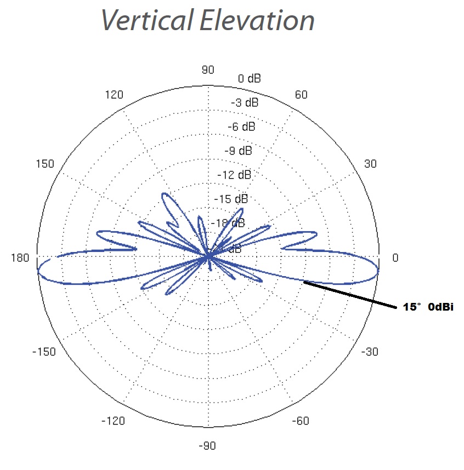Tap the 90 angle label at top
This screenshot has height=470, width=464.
[208, 70]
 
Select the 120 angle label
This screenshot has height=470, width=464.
[114, 95]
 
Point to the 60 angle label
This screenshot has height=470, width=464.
[301, 95]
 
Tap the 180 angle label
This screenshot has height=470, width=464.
[20, 257]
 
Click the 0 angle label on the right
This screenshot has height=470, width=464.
[395, 257]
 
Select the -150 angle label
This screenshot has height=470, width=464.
[44, 352]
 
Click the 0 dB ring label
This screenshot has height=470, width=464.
[249, 79]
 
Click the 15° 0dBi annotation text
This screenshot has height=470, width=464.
[428, 308]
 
